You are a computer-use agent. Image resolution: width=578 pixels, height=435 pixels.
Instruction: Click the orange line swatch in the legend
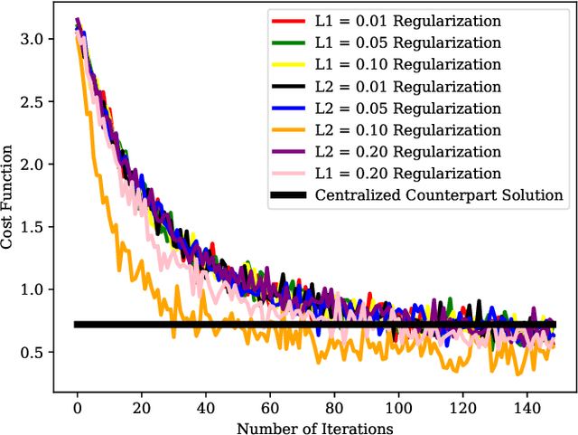[x=285, y=130]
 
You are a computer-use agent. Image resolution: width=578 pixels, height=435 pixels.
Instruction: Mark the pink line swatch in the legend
[x=285, y=174]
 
